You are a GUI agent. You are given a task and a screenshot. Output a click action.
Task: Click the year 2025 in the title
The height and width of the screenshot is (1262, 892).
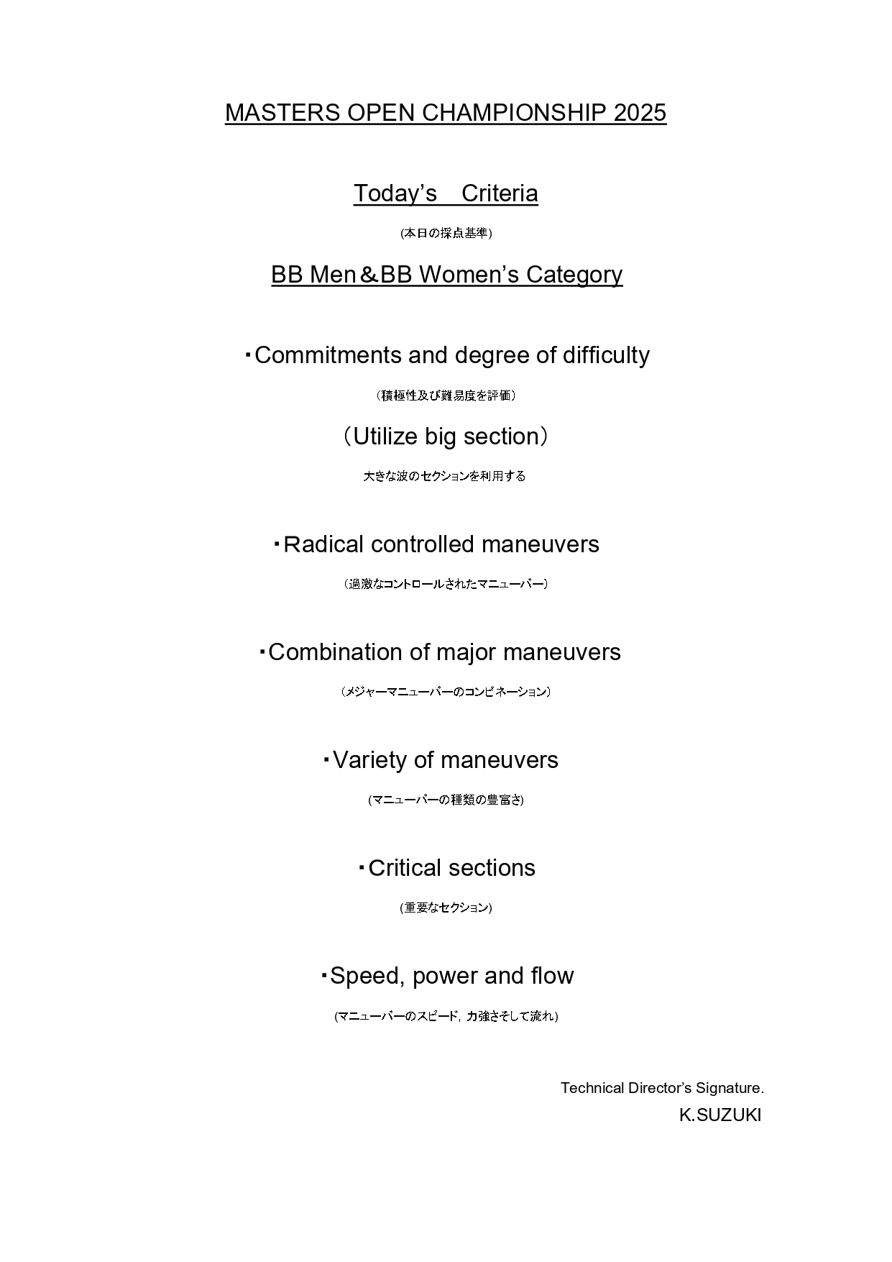click(640, 113)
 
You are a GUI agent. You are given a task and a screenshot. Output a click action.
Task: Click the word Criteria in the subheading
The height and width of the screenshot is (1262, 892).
click(500, 193)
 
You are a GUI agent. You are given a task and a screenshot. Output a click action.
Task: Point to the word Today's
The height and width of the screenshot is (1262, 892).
click(395, 193)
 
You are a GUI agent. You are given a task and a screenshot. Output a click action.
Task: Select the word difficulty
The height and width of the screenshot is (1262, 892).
click(606, 355)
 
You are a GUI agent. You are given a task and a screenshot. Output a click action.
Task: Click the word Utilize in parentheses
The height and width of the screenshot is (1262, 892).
click(385, 436)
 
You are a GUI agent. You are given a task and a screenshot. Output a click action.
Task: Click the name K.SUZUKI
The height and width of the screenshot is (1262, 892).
click(719, 1115)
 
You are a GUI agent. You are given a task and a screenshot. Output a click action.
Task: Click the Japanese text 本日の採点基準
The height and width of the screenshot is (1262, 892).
click(446, 233)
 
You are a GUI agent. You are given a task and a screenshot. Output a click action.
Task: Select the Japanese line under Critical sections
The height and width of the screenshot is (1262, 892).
click(446, 907)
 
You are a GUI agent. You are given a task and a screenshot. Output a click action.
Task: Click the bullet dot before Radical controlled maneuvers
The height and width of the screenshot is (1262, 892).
click(276, 544)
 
